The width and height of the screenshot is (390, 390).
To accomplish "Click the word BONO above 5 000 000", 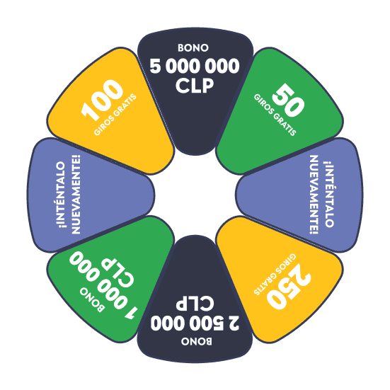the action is (193, 47).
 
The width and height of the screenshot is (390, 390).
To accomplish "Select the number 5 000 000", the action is (195, 66).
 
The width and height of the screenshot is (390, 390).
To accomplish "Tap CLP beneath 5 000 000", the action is (195, 86).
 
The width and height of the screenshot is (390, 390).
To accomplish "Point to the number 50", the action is (289, 100).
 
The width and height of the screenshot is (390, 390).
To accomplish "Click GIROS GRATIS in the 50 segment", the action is (275, 115).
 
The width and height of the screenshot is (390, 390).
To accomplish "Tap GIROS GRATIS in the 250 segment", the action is (275, 275).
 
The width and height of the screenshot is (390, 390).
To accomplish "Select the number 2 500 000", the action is (195, 323).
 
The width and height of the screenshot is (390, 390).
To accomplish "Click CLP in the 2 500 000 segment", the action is (195, 304).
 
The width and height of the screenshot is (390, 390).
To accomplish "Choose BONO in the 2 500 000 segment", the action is (197, 341).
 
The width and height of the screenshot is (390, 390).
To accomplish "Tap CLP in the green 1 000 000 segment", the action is (117, 272).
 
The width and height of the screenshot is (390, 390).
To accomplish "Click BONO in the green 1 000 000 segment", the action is (92, 300).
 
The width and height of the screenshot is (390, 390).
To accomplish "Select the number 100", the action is (102, 100).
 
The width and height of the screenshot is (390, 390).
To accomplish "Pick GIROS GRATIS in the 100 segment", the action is (115, 115).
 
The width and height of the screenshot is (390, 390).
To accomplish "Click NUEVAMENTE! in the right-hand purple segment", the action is (314, 195).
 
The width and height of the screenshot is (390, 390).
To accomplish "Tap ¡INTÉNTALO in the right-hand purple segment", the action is (329, 195).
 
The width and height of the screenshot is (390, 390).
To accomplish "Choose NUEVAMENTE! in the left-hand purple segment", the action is (76, 195).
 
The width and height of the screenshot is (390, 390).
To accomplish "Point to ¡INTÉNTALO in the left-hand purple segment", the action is (61, 195).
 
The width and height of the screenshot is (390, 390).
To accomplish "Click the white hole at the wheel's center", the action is (195, 195).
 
